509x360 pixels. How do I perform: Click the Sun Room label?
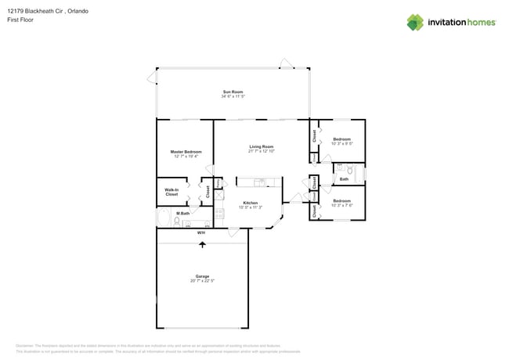pos(233,92)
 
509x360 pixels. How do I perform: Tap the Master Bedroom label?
pos(186,151)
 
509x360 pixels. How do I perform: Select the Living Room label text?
pos(262,146)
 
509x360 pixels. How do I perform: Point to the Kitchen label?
pos(251,203)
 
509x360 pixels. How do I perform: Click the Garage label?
pos(202,276)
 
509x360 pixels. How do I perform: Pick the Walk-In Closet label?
pos(171,192)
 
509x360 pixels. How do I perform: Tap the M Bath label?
pos(183,213)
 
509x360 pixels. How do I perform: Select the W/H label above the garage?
pos(201,232)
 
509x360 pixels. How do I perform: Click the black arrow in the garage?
pos(202,245)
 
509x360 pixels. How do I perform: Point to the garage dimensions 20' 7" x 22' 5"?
pos(202,281)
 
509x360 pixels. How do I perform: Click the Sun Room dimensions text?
pos(233,96)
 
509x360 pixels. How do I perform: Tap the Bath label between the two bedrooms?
pos(344,179)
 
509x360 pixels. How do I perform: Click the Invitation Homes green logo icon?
pos(415,23)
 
